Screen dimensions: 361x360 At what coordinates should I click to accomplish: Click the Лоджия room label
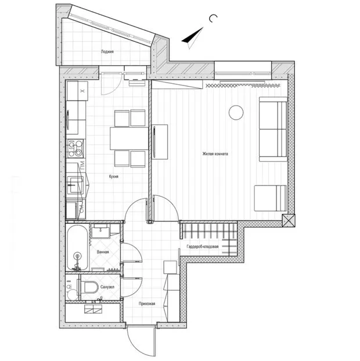click(x=107, y=52)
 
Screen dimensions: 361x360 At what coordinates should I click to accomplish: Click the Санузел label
click(x=107, y=287)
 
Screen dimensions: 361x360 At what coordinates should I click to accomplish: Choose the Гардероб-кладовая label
click(x=203, y=246)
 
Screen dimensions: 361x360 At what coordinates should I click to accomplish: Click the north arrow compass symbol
click(x=191, y=37)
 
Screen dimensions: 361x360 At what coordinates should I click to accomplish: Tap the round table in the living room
click(x=236, y=112)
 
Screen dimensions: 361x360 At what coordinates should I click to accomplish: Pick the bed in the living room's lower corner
click(x=271, y=198)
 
